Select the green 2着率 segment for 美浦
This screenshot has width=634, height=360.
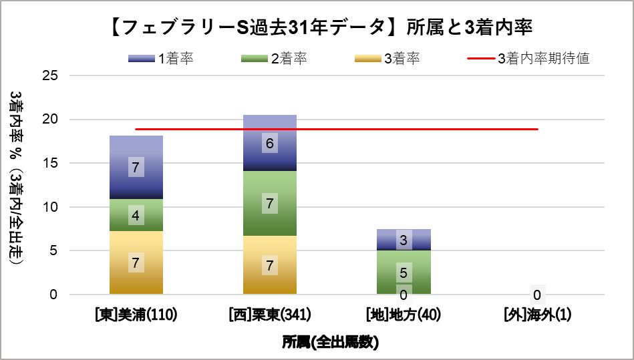(136, 215)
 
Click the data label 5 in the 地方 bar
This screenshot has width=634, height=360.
(403, 273)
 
